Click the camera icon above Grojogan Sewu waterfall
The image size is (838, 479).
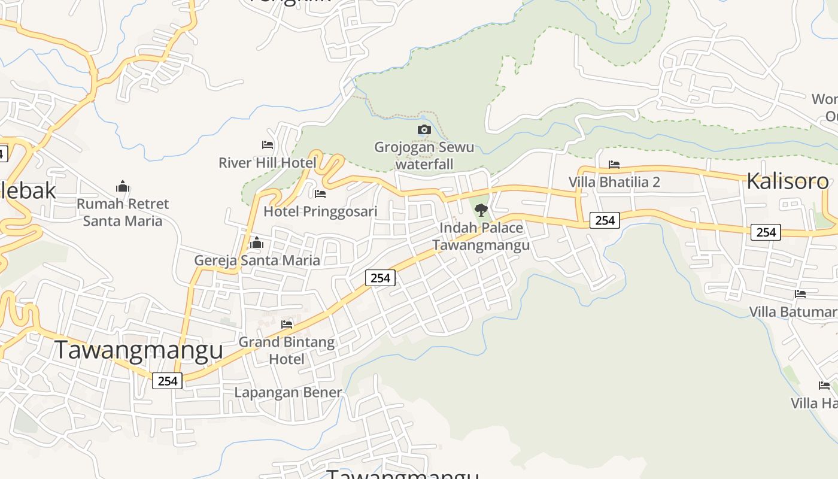tap(424, 129)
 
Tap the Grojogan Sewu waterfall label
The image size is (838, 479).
tap(424, 155)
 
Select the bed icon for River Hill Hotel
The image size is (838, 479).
tap(268, 145)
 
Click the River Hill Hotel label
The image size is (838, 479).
tap(267, 162)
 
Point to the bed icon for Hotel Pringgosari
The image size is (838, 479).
tap(320, 194)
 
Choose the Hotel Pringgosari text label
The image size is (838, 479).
tap(320, 211)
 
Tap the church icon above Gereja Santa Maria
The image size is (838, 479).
tap(257, 242)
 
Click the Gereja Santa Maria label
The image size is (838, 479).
tap(257, 260)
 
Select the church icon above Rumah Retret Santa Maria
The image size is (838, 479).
tap(123, 186)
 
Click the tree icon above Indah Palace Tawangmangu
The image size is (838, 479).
tap(481, 210)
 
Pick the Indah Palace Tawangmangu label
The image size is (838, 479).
tap(481, 236)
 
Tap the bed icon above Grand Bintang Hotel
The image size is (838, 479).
tap(287, 325)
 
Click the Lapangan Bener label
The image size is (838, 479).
tap(288, 392)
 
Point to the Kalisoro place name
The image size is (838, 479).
tap(787, 181)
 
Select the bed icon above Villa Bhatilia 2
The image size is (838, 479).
tap(614, 164)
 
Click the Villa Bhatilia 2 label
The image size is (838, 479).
tap(614, 181)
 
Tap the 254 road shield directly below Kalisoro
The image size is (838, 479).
tap(766, 232)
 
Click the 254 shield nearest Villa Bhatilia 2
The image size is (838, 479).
tap(605, 220)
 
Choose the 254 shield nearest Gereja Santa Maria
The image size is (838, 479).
tap(380, 277)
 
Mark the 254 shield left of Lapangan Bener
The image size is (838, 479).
tap(167, 380)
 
